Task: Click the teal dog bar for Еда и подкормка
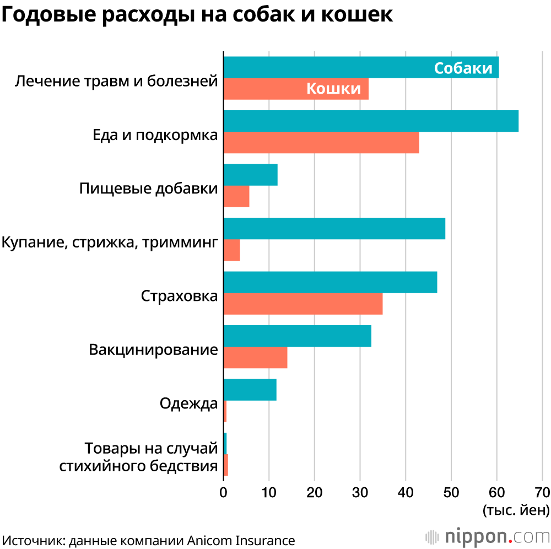[371, 121]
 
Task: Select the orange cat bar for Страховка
[303, 304]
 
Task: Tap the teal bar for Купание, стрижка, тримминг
[334, 229]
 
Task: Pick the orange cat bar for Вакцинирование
[255, 358]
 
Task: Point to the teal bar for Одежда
[250, 390]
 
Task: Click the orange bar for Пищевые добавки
[236, 196]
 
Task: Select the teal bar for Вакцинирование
[298, 336]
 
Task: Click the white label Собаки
[463, 68]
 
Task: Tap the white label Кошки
[333, 88]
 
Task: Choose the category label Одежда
[189, 403]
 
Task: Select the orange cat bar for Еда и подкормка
[321, 143]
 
